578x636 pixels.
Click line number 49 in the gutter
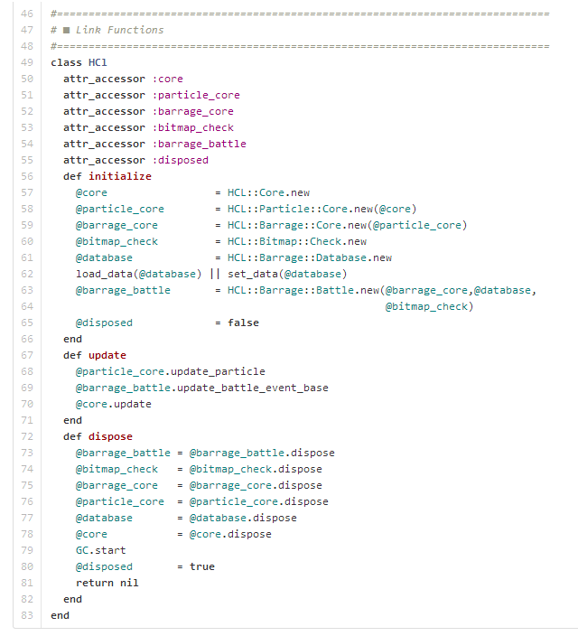(27, 62)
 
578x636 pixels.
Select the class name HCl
(98, 62)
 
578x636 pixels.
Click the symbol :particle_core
(196, 95)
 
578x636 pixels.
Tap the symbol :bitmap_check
(193, 127)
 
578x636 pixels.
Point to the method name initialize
(120, 176)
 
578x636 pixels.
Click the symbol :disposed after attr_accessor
(181, 160)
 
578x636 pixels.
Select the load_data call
(139, 274)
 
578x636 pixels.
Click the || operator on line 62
(215, 274)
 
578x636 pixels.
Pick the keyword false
(243, 323)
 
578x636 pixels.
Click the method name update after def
(107, 355)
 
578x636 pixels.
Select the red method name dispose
(110, 436)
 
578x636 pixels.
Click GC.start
(101, 550)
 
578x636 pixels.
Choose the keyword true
(202, 566)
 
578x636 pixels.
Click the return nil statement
(107, 583)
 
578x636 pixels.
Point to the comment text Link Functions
(119, 30)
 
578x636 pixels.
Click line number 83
(27, 615)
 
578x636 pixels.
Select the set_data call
(287, 274)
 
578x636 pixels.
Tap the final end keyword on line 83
(60, 615)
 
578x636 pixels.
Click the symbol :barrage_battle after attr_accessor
(200, 144)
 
